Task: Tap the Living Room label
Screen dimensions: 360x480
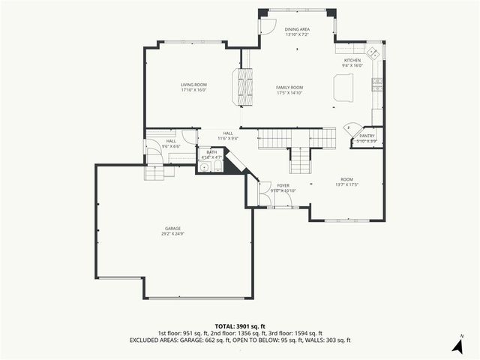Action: pyautogui.click(x=193, y=85)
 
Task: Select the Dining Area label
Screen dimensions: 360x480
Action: pyautogui.click(x=297, y=29)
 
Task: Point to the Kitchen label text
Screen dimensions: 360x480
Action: pyautogui.click(x=352, y=60)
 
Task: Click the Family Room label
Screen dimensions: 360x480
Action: pyautogui.click(x=289, y=88)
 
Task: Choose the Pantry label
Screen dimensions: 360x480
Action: pyautogui.click(x=367, y=136)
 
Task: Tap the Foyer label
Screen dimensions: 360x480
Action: pyautogui.click(x=283, y=185)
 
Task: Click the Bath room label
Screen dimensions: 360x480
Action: pyautogui.click(x=212, y=152)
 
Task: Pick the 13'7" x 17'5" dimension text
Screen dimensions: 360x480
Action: pyautogui.click(x=346, y=184)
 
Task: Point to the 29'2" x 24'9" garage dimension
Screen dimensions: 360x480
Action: pyautogui.click(x=173, y=234)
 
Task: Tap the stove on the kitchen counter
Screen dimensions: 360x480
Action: pyautogui.click(x=379, y=82)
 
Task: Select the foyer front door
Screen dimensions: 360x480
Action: pyautogui.click(x=264, y=192)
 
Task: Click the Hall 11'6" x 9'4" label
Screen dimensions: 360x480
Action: pyautogui.click(x=228, y=136)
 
